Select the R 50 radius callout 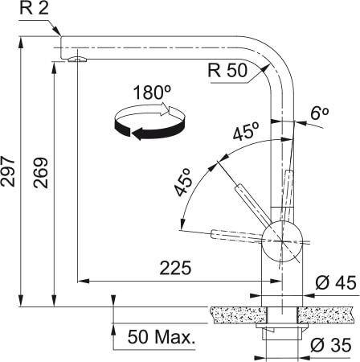coord(226,71)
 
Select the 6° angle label coord(320,113)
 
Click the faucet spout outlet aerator coord(76,58)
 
